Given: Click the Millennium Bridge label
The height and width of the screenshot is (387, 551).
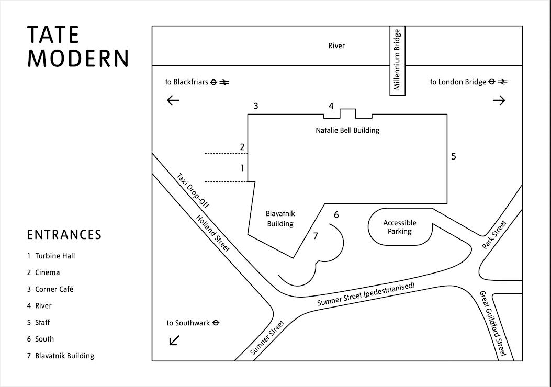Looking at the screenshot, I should [x=397, y=60].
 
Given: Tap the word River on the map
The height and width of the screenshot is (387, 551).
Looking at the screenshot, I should [x=336, y=46].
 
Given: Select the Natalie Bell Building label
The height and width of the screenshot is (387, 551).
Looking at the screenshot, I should [x=347, y=130].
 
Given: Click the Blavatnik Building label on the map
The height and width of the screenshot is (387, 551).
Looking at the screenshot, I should [x=279, y=219].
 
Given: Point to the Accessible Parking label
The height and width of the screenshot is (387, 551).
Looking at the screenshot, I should [x=400, y=227].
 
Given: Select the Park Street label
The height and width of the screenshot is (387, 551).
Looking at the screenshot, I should [x=494, y=235].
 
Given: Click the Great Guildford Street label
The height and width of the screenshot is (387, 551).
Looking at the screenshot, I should [x=493, y=324].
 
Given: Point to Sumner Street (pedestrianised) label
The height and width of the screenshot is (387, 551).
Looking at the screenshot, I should [x=366, y=295].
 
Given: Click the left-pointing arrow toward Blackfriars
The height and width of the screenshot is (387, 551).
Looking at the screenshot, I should [x=173, y=100].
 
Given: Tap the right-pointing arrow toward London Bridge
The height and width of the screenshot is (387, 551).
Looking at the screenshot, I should [x=499, y=100].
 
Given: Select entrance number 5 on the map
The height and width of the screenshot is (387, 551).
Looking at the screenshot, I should [x=454, y=156].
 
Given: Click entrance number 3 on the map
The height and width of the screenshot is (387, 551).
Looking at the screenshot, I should [x=256, y=106].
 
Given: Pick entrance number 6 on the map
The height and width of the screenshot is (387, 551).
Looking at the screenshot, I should [x=336, y=214].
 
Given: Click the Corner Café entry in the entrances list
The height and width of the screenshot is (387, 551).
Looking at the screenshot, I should [x=50, y=289].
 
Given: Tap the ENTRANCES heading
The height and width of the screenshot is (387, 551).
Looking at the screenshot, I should [x=64, y=235].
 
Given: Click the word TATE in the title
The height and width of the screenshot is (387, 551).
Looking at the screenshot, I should [x=53, y=35].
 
